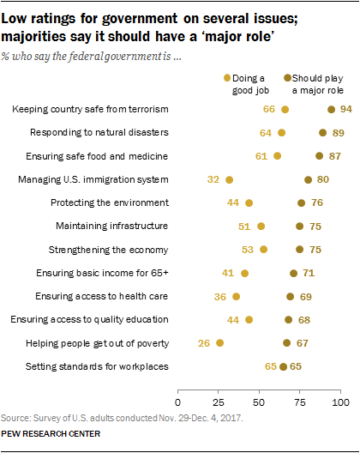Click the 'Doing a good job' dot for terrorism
285,110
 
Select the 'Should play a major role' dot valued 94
331,110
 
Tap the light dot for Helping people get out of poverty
220,342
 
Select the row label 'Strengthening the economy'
118,249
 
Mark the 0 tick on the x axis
178,401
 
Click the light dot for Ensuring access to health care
237,296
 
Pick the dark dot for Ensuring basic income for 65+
294,273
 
